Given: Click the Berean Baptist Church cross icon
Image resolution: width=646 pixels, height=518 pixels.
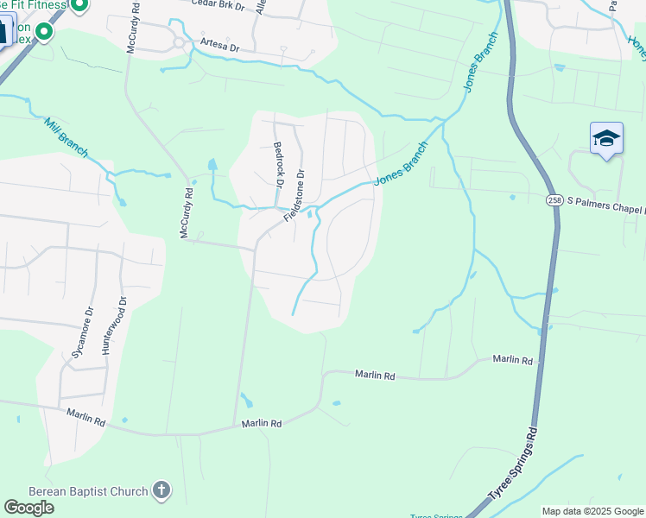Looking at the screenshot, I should (x=160, y=491).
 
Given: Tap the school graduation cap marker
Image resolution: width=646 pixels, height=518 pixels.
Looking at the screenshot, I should (x=606, y=139).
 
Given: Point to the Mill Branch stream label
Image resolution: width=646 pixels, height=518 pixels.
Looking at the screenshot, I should (x=66, y=137).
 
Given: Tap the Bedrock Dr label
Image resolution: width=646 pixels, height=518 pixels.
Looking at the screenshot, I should (x=278, y=165).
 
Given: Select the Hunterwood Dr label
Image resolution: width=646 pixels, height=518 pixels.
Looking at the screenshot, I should (x=114, y=326).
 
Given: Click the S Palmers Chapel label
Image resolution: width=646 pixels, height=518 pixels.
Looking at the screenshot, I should (x=605, y=210).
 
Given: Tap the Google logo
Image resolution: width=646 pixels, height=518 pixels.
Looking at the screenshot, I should (x=28, y=508).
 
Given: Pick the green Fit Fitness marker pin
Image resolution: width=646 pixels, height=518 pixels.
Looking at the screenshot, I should (x=79, y=6).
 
